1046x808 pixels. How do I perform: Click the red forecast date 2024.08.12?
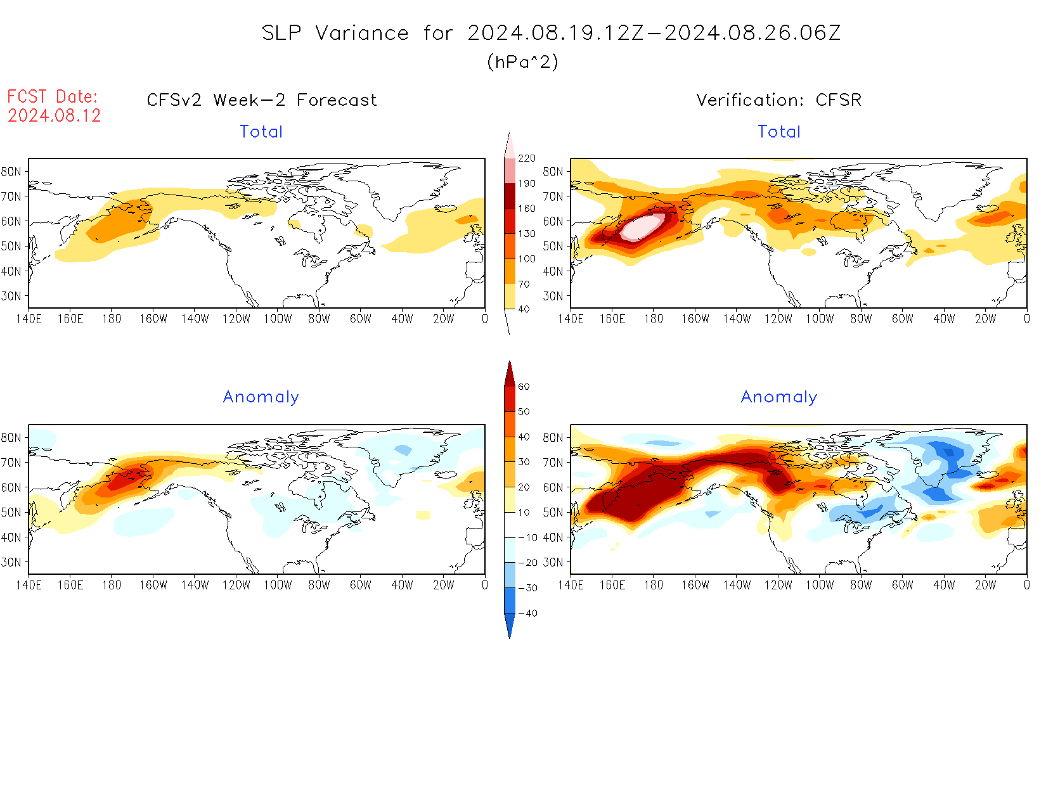point(55,115)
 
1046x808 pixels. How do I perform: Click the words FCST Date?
point(53,96)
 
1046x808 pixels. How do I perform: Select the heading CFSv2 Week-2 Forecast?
point(262,100)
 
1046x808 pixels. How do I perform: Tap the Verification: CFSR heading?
point(779,100)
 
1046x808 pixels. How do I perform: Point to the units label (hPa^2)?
point(522,61)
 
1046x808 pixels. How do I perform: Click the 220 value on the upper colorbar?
point(527,158)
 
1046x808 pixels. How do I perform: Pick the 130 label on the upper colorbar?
point(527,234)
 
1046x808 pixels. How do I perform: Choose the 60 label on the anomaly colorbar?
point(524,387)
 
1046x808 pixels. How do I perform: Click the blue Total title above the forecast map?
point(261,132)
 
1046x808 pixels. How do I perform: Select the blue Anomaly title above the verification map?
point(779,397)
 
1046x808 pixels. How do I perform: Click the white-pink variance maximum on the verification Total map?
point(642,227)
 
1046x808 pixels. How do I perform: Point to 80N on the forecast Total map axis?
point(11,172)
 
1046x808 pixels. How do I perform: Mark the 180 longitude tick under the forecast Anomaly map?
point(112,585)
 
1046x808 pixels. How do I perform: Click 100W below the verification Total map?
point(819,319)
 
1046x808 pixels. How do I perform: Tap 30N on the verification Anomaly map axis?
point(553,562)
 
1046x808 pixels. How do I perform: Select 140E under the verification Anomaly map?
point(571,585)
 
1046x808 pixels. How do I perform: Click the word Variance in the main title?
point(362,33)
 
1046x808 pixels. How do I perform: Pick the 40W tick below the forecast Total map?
point(402,319)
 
